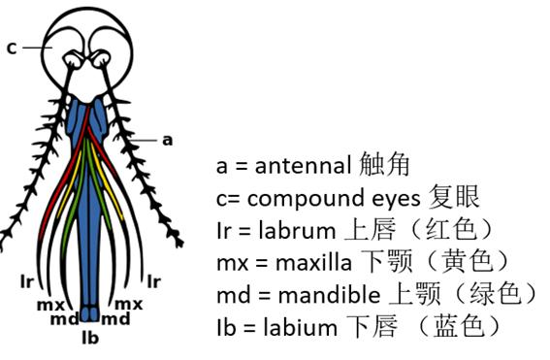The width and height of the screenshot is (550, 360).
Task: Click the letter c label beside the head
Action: (x=12, y=47)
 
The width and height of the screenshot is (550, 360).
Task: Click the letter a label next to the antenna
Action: (x=167, y=140)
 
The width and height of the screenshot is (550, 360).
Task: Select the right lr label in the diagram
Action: (x=153, y=281)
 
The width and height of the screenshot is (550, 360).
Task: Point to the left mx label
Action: (x=47, y=304)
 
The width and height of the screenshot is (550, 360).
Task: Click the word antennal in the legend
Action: (x=307, y=166)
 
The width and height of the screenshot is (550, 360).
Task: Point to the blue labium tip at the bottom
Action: (x=90, y=314)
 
